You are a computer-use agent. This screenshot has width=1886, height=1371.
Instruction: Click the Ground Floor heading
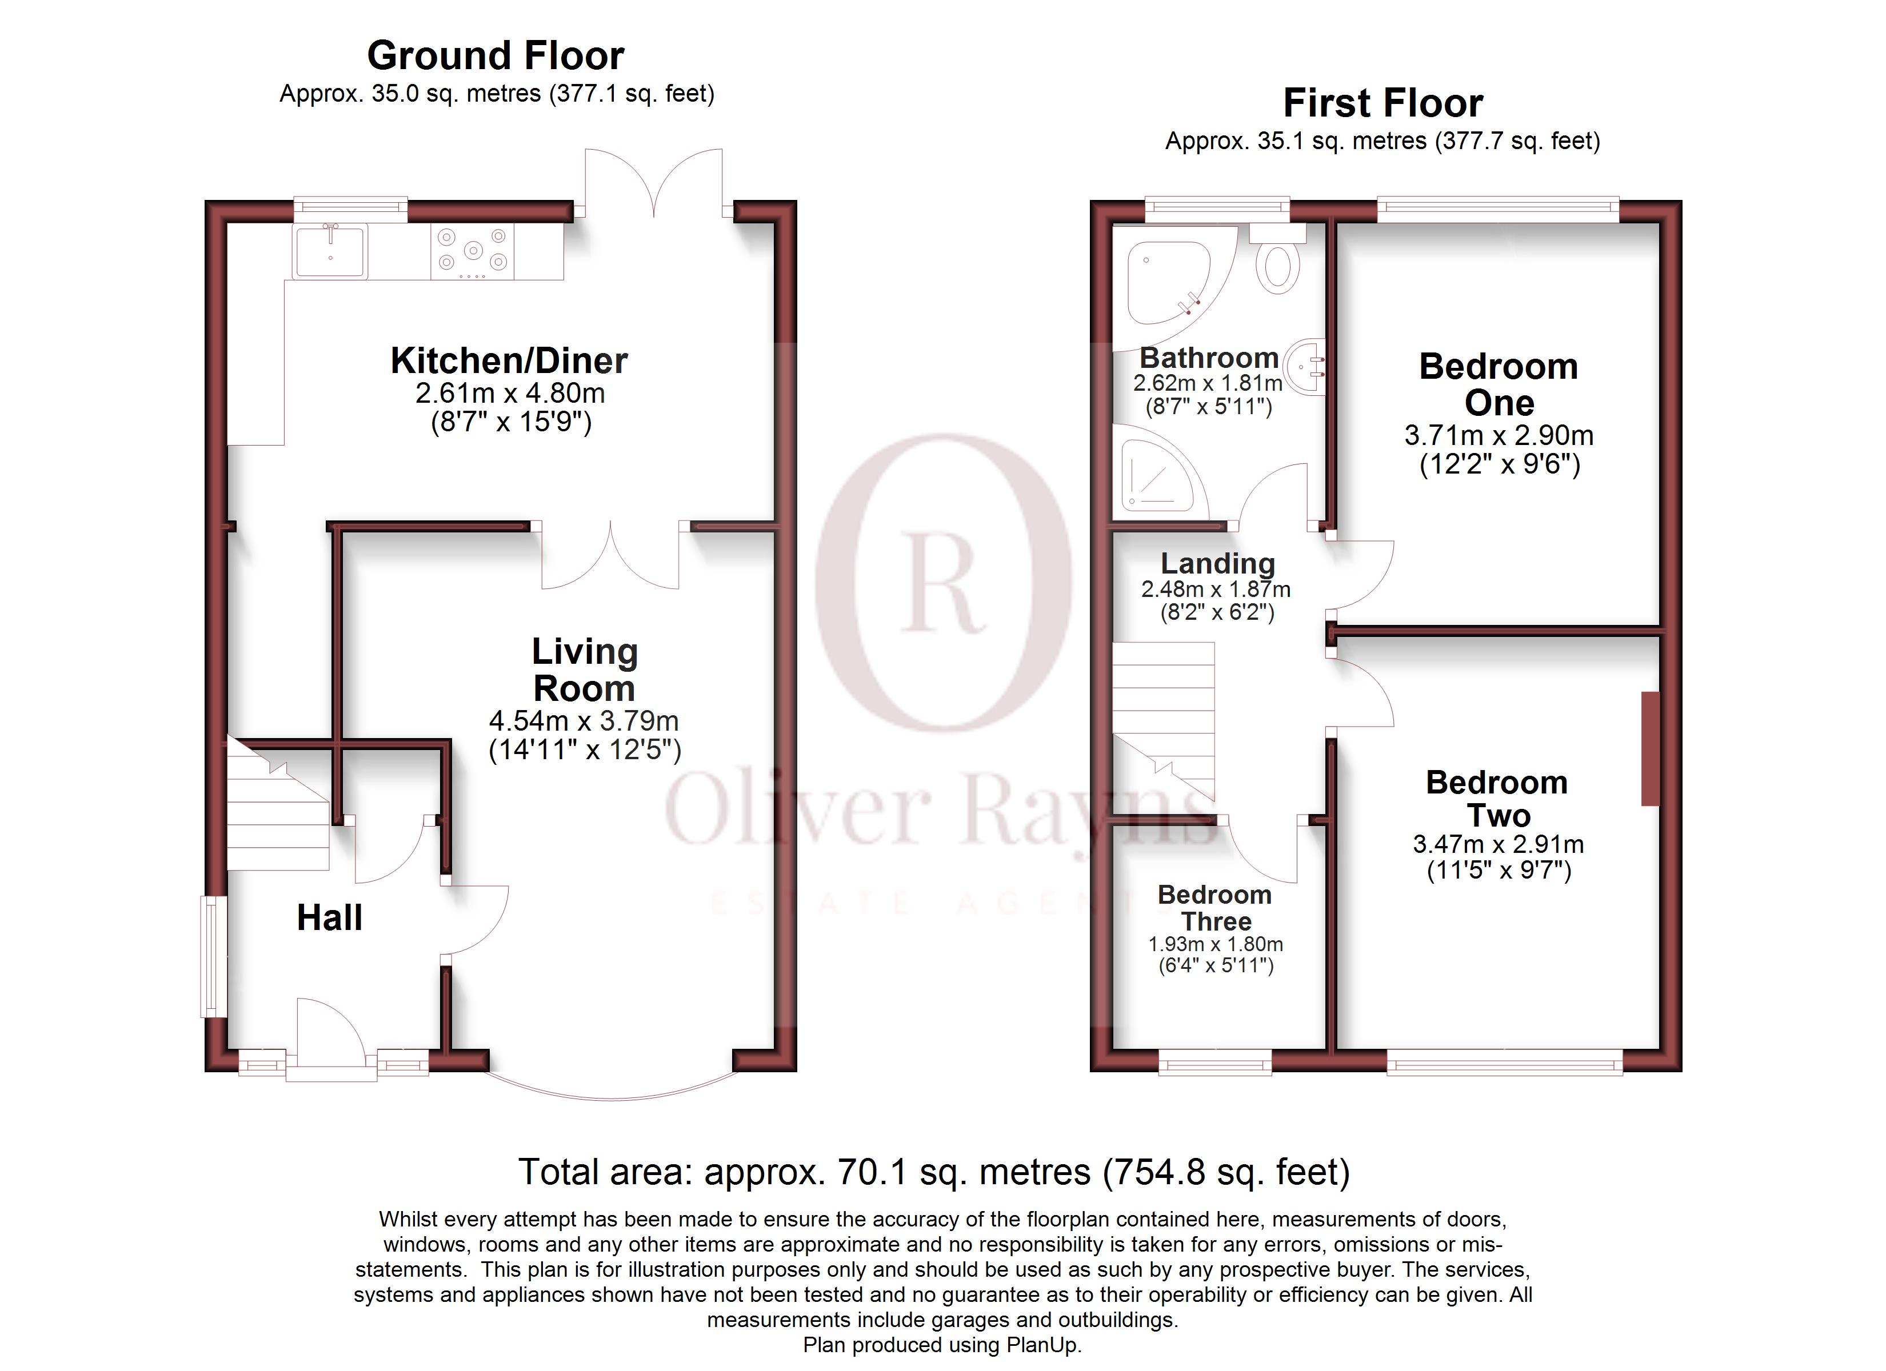click(496, 57)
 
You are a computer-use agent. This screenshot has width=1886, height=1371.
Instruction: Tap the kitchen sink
click(330, 251)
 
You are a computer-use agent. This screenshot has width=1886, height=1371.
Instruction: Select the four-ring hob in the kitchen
click(472, 251)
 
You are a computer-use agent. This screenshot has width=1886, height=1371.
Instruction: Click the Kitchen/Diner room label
click(509, 361)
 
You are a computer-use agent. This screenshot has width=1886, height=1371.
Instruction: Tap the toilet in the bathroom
click(1277, 264)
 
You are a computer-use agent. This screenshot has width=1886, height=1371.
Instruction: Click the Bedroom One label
click(1499, 384)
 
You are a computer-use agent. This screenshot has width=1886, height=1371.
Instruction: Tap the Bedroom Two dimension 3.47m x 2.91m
click(1499, 845)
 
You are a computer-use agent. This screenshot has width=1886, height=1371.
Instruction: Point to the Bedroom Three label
click(1215, 908)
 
